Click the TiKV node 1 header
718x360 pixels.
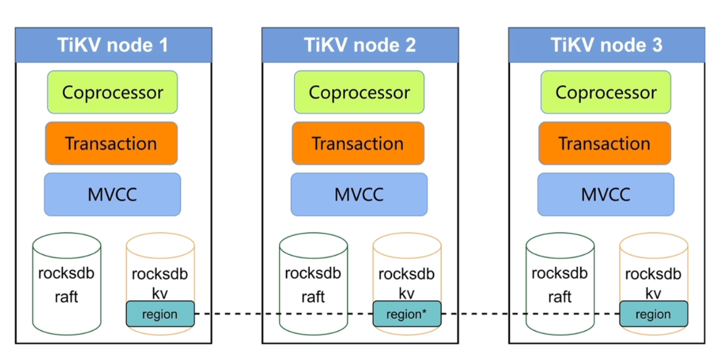[113, 45]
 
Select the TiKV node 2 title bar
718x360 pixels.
[359, 45]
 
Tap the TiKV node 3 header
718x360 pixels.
[606, 45]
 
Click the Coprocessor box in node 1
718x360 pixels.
[112, 93]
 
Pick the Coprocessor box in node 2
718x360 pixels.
[359, 93]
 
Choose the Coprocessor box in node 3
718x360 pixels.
[606, 93]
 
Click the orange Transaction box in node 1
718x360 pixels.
[111, 143]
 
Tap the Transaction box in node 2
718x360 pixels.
[358, 143]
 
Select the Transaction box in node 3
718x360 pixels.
[604, 143]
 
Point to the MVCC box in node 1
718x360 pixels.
[112, 195]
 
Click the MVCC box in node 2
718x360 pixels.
[359, 195]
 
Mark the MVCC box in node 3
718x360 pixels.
[606, 195]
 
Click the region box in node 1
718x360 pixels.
[160, 314]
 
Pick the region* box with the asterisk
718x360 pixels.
[407, 314]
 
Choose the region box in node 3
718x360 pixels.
[653, 314]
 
